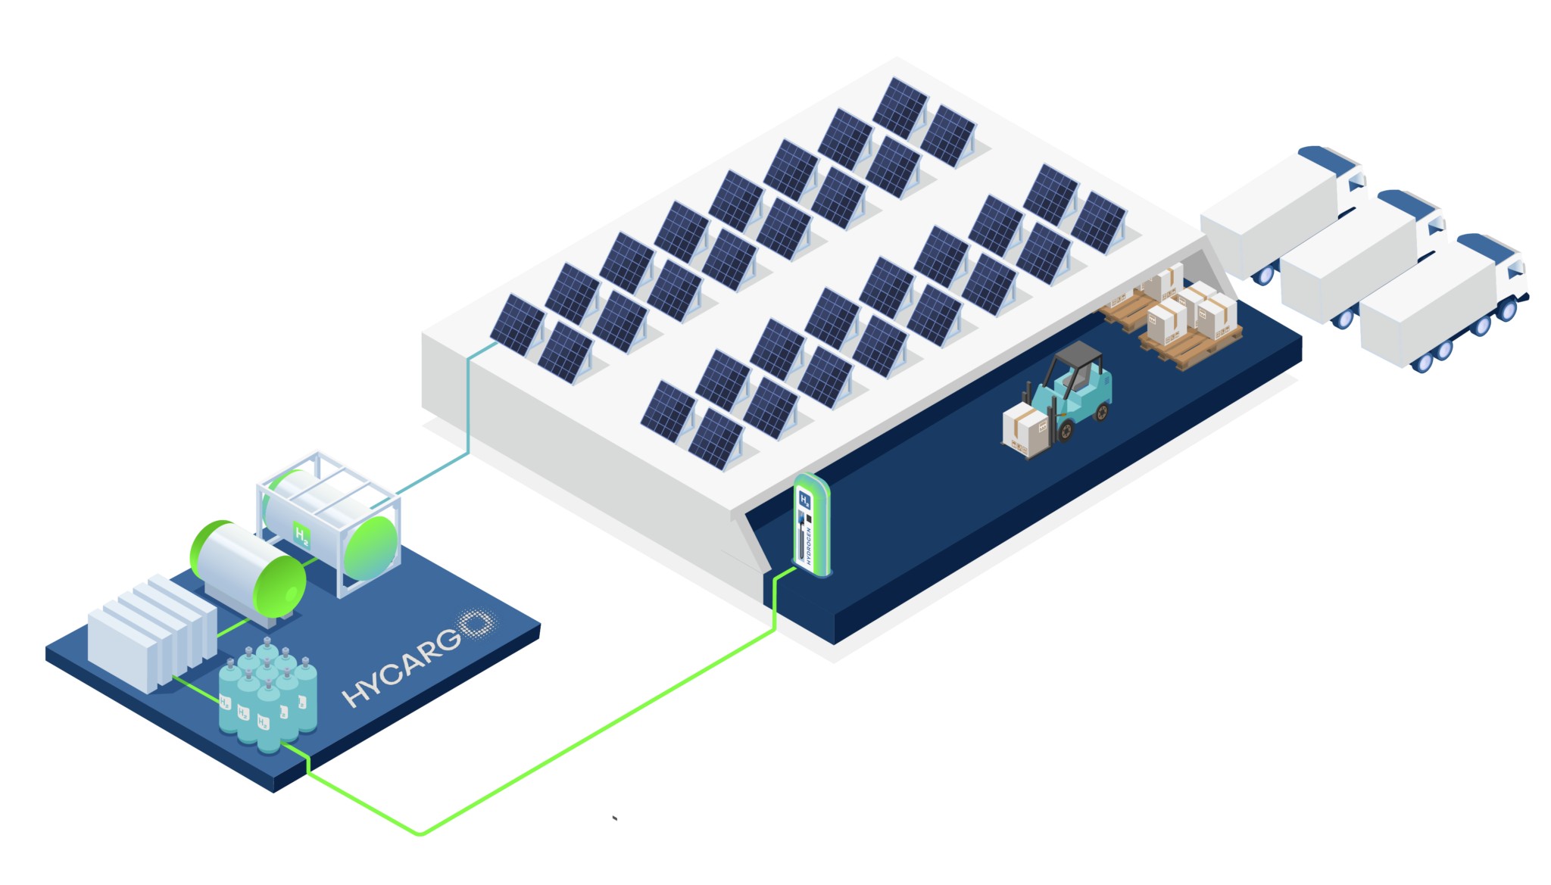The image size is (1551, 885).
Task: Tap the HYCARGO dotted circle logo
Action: pyautogui.click(x=477, y=625)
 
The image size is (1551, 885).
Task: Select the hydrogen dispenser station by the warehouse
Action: pyautogui.click(x=810, y=526)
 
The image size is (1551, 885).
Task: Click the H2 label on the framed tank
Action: pyautogui.click(x=301, y=536)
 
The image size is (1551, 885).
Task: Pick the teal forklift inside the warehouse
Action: pyautogui.click(x=1075, y=394)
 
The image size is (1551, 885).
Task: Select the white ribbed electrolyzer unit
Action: pyautogui.click(x=151, y=632)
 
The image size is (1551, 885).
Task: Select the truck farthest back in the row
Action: pyautogui.click(x=1280, y=208)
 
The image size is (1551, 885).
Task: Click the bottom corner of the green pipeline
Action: pyautogui.click(x=421, y=834)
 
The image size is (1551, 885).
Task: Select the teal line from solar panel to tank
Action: pyautogui.click(x=468, y=409)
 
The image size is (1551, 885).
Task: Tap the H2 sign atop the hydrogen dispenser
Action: pyautogui.click(x=805, y=500)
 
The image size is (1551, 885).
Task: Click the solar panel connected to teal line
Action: pyautogui.click(x=517, y=324)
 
